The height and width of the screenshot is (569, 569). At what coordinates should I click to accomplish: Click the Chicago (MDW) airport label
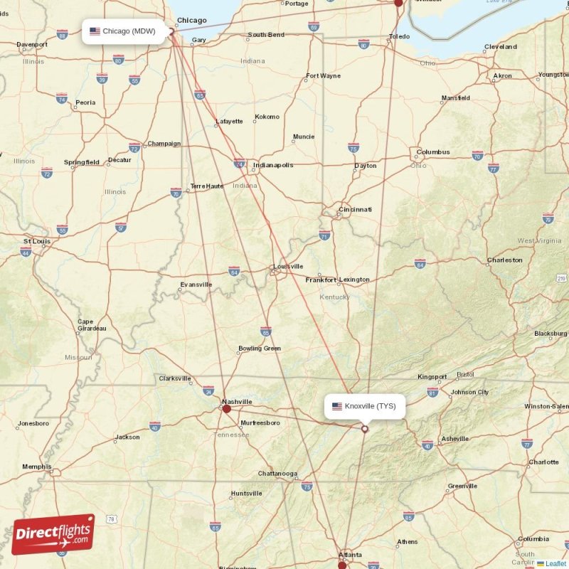(x=128, y=31)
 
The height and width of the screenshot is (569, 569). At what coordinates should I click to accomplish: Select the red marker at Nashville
(x=227, y=408)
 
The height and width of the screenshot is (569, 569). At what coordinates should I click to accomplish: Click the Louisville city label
(x=289, y=267)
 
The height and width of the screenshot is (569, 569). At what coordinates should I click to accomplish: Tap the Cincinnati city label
(x=355, y=210)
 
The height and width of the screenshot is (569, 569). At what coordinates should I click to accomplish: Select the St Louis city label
(x=36, y=241)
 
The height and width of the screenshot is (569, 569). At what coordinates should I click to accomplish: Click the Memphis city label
(x=36, y=467)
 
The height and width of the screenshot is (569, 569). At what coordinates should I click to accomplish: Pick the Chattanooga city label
(x=277, y=474)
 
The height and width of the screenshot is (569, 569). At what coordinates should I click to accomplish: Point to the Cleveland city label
(x=500, y=47)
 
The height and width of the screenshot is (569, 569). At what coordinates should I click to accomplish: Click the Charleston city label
(x=504, y=260)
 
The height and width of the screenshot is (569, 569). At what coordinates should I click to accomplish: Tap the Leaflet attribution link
(x=556, y=564)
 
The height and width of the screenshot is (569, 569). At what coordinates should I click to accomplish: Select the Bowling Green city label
(x=260, y=349)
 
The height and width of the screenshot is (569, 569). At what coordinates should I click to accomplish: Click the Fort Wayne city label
(x=323, y=76)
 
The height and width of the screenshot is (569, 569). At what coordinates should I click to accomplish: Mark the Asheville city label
(x=454, y=439)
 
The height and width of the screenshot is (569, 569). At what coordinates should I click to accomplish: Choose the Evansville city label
(x=196, y=284)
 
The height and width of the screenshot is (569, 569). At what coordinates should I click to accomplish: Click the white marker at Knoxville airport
(x=365, y=429)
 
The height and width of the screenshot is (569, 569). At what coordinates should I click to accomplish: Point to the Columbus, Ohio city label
(x=433, y=152)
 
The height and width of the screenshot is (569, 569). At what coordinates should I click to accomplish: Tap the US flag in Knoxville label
(x=337, y=407)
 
